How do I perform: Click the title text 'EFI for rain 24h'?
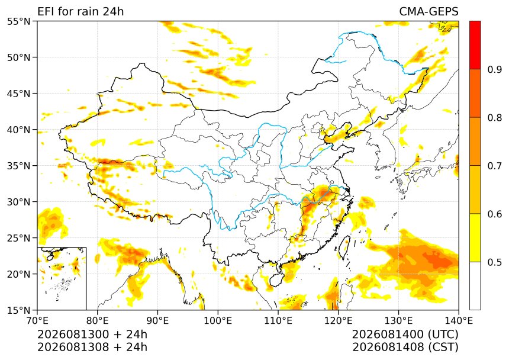click(80, 11)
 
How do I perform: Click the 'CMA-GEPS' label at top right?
click(429, 11)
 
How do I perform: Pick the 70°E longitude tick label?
click(37, 321)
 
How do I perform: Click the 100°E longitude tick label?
click(218, 321)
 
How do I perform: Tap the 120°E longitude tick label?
click(339, 321)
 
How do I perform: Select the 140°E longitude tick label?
click(458, 321)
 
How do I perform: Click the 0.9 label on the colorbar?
click(495, 69)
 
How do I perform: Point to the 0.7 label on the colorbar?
click(495, 166)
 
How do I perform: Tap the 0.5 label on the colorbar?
click(495, 262)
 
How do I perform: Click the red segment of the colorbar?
click(475, 45)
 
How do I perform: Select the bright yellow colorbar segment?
click(475, 237)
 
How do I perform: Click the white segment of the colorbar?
click(475, 285)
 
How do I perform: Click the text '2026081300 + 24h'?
click(92, 334)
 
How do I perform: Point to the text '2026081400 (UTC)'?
click(405, 334)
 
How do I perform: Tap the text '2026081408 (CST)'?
click(405, 347)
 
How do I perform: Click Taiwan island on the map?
click(344, 247)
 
